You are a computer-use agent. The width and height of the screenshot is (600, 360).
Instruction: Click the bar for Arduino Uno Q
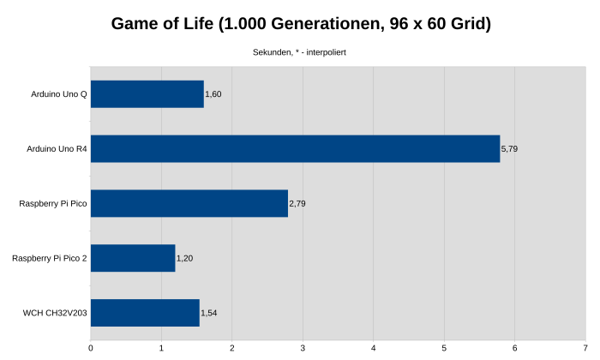click(x=147, y=94)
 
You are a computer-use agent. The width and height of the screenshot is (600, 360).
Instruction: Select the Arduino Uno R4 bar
click(x=295, y=148)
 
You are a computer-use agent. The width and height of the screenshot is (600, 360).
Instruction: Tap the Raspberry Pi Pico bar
click(x=189, y=203)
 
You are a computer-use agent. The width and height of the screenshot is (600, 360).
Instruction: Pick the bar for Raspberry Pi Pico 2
click(x=133, y=258)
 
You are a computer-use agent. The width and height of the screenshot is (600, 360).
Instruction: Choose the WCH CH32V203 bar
click(x=145, y=313)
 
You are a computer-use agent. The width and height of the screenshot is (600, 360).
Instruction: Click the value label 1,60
click(x=213, y=94)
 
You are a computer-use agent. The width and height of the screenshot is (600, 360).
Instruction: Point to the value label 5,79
click(x=509, y=149)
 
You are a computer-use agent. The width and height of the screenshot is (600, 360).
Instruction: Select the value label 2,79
click(x=297, y=204)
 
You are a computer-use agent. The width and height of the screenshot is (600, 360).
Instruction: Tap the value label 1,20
click(x=185, y=258)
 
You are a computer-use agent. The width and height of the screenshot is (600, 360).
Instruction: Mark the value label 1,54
click(x=209, y=313)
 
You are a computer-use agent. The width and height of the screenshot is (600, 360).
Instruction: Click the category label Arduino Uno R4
click(x=57, y=149)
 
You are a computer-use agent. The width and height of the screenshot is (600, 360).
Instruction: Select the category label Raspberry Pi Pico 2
click(x=50, y=258)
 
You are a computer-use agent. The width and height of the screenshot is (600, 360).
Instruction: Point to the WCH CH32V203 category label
click(x=55, y=313)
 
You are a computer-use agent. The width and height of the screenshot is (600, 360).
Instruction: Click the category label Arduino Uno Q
click(x=58, y=94)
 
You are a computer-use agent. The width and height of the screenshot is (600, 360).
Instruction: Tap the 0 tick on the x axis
click(x=91, y=347)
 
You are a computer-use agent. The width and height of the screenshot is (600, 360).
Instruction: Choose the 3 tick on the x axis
click(x=303, y=347)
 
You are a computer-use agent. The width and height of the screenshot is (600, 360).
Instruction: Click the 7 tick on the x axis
click(x=585, y=347)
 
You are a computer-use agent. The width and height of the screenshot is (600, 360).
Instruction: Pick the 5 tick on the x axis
click(x=444, y=347)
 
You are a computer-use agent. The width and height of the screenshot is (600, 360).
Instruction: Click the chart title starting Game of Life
click(x=301, y=24)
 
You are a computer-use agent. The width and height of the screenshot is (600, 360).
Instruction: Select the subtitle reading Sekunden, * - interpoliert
click(x=299, y=52)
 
